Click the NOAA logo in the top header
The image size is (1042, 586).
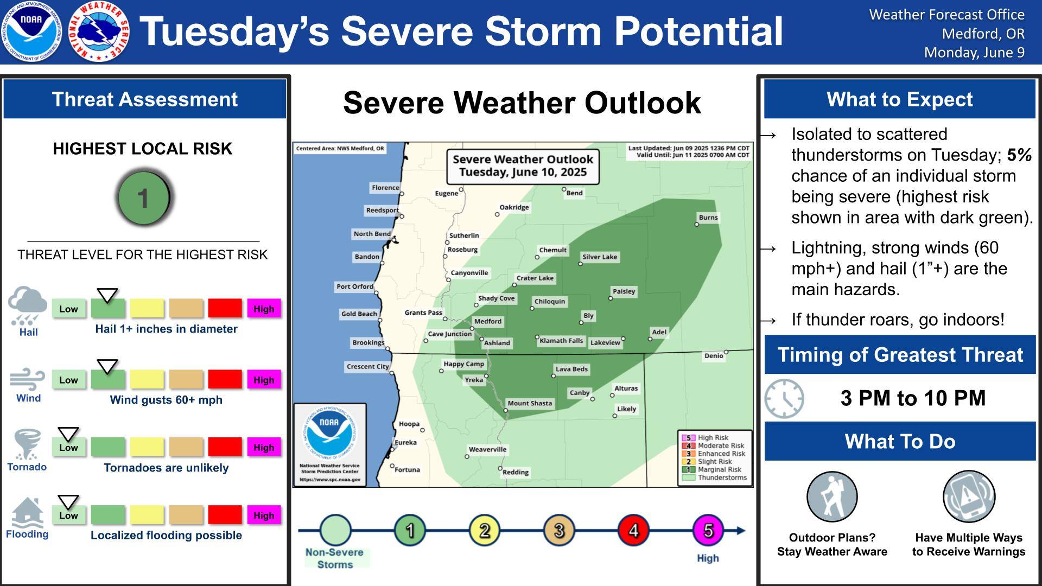[31, 31]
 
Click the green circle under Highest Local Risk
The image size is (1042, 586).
[144, 198]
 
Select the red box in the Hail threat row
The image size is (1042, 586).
[225, 308]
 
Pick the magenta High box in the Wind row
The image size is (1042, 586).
[264, 379]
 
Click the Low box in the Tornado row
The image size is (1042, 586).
[69, 447]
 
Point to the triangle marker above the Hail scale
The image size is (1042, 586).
[107, 296]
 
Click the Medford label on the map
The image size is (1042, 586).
[488, 321]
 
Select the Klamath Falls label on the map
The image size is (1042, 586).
[561, 341]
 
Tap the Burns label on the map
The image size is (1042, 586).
[708, 218]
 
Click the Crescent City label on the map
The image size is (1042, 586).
[368, 367]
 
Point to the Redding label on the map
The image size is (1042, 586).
[516, 472]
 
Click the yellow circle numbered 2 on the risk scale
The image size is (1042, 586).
[484, 530]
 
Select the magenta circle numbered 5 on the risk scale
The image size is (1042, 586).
[708, 530]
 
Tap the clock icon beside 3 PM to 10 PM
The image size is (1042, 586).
[784, 398]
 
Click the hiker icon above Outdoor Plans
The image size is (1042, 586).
[832, 496]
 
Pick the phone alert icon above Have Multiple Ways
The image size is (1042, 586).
[969, 496]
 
